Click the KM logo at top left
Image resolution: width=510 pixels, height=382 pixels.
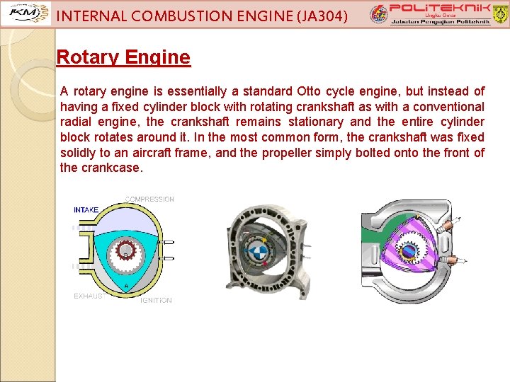pos(26,13)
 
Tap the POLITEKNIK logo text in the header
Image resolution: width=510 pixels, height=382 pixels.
pos(433,8)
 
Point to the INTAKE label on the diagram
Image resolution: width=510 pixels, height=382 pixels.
pos(86,210)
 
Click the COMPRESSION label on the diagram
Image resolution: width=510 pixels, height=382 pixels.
pos(149,199)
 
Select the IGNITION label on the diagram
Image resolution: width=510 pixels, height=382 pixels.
pos(156,301)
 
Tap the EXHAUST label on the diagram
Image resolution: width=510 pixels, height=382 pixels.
pos(89,296)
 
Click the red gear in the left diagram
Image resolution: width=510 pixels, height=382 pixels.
pos(125,249)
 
